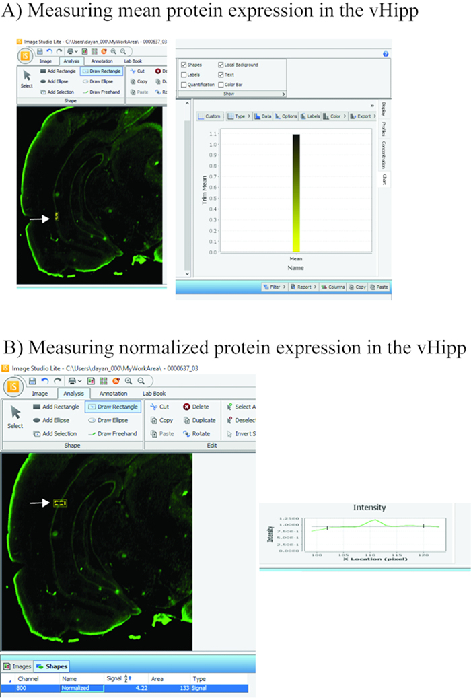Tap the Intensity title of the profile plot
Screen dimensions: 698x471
pos(369,508)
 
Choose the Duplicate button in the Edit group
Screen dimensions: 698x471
pos(198,420)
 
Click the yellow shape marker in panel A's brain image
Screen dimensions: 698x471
pos(57,217)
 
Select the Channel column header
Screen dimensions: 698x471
pos(29,678)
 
